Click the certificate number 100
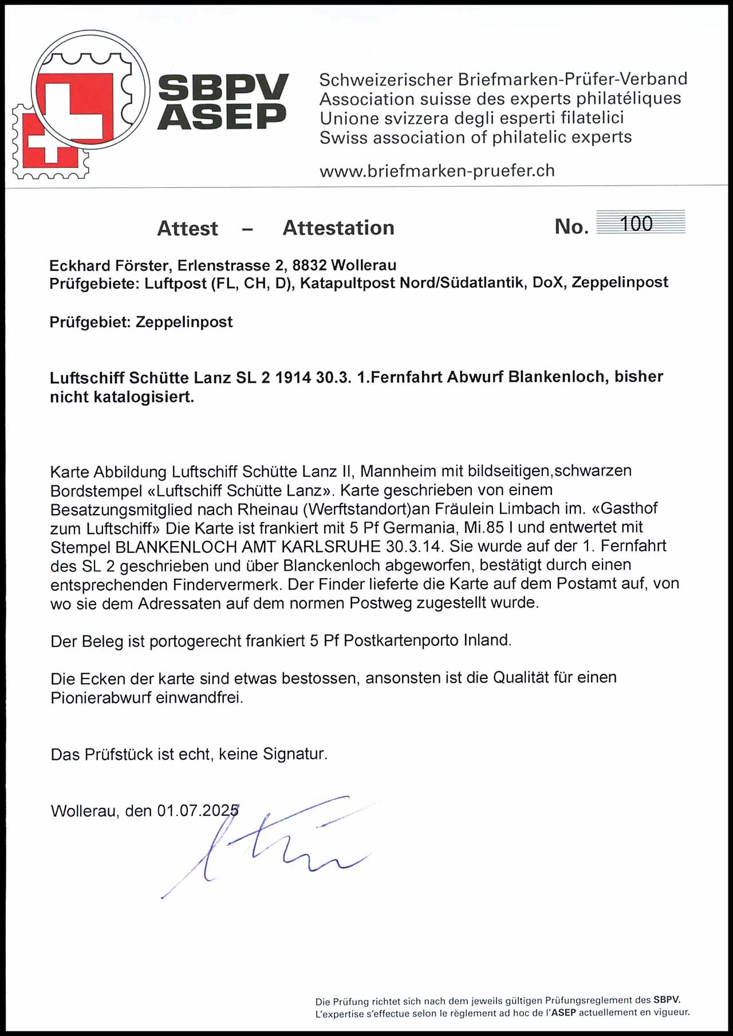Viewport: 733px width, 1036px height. pyautogui.click(x=636, y=223)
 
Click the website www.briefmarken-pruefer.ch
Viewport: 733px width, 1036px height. pyautogui.click(x=437, y=171)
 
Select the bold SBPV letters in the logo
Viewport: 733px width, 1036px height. pyautogui.click(x=223, y=88)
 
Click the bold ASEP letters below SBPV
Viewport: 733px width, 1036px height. pyautogui.click(x=222, y=116)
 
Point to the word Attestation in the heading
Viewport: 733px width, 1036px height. pyautogui.click(x=338, y=228)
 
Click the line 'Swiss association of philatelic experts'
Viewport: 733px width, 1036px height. pyautogui.click(x=475, y=138)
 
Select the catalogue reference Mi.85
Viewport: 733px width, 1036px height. pyautogui.click(x=484, y=527)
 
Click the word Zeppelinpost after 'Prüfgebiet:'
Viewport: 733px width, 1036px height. pyautogui.click(x=184, y=322)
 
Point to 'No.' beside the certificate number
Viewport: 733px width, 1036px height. pyautogui.click(x=571, y=227)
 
